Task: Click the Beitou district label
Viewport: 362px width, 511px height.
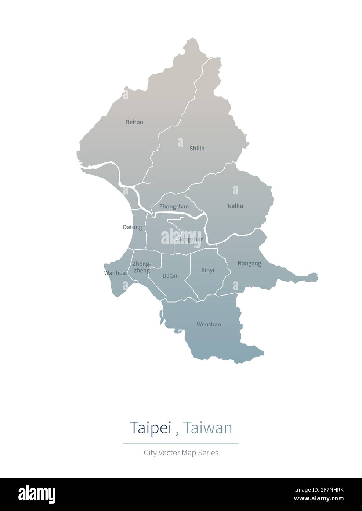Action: tap(134, 122)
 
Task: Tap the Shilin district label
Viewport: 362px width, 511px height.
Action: tap(197, 149)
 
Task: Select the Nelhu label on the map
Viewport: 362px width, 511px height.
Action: tap(235, 206)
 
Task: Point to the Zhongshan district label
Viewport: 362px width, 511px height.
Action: tap(174, 207)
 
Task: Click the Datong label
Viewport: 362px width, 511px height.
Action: tap(132, 227)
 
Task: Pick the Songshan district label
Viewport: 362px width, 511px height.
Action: tap(191, 239)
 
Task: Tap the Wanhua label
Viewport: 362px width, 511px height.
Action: tap(115, 273)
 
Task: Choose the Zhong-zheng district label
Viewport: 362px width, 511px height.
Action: tap(141, 267)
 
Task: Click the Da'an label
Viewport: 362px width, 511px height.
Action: tap(170, 275)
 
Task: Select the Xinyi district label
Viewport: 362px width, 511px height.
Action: tap(207, 270)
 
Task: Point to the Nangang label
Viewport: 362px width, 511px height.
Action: tap(249, 263)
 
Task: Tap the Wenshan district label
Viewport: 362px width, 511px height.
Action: tap(209, 324)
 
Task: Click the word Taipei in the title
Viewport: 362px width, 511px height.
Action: tap(151, 428)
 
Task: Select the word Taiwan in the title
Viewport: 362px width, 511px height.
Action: tap(207, 428)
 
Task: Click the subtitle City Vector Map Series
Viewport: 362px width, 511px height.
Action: tap(181, 453)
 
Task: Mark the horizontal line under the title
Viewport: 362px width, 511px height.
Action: tap(181, 443)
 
